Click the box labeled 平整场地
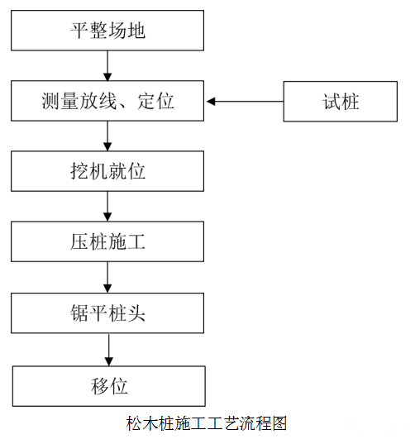click(107, 31)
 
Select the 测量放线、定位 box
click(107, 101)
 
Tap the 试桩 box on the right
click(341, 102)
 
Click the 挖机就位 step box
click(107, 172)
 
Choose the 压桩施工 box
click(107, 242)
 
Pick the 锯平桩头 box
click(107, 313)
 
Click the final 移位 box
click(107, 384)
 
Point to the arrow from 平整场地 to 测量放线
click(107, 65)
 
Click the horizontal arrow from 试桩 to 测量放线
click(245, 102)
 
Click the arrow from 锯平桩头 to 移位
click(107, 348)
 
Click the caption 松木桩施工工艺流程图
click(207, 424)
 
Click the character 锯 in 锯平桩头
click(80, 313)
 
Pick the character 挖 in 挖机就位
click(80, 172)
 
